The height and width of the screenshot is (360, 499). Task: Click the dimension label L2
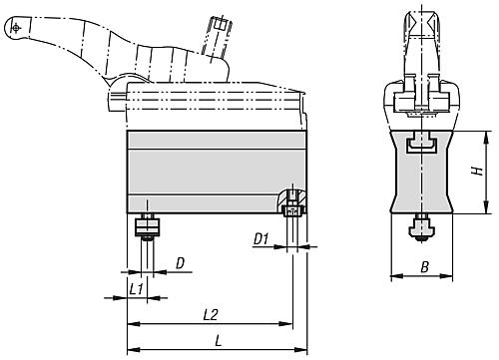tap(211, 315)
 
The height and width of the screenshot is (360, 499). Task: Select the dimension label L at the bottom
tap(219, 341)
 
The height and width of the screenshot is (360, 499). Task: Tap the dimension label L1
tap(136, 289)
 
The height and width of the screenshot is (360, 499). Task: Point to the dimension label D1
tap(261, 239)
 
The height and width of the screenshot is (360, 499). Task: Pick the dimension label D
tap(180, 263)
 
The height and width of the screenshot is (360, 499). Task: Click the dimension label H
tap(478, 171)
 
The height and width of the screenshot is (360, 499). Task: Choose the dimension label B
tap(425, 267)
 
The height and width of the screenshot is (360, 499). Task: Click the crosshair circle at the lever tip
tap(16, 28)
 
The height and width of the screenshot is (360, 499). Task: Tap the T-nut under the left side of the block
tap(147, 226)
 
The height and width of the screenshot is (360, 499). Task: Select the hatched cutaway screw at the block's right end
tap(291, 203)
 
